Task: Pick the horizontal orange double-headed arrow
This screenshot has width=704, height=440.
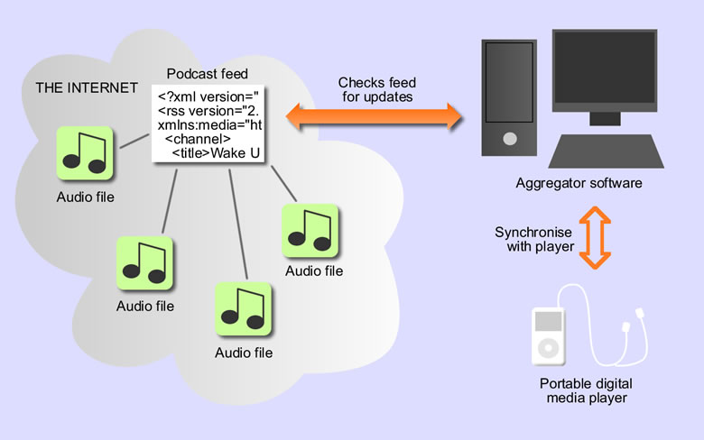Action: pyautogui.click(x=373, y=116)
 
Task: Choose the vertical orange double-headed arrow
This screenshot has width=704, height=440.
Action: pyautogui.click(x=592, y=237)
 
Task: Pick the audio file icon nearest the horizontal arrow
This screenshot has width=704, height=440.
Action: pyautogui.click(x=310, y=231)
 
